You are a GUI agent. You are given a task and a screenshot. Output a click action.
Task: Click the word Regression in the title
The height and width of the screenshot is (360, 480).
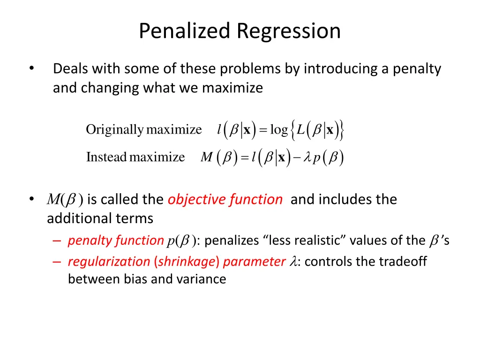click(288, 31)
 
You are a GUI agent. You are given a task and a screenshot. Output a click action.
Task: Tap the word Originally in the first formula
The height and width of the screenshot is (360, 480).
click(114, 129)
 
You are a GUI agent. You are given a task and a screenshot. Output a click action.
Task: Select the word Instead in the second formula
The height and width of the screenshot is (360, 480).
click(106, 157)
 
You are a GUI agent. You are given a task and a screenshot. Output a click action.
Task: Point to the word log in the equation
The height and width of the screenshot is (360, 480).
click(279, 129)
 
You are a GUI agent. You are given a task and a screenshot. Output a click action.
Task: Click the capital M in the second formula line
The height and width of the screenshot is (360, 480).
click(206, 157)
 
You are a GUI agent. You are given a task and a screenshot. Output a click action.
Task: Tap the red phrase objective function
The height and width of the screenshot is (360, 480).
click(225, 200)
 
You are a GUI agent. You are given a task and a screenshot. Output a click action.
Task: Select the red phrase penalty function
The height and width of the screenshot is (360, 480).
click(115, 241)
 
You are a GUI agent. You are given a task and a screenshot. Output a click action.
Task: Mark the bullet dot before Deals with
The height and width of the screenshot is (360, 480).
click(31, 69)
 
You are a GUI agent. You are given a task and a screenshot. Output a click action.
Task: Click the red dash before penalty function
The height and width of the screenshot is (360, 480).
click(57, 241)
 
